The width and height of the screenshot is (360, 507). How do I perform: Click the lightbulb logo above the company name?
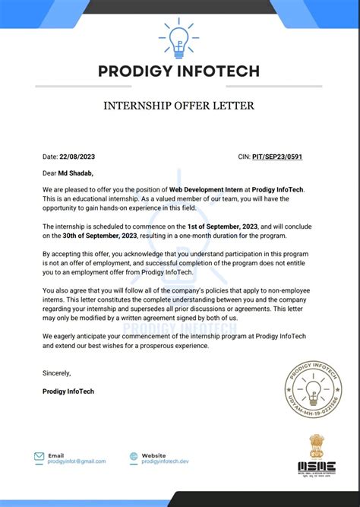[179, 38]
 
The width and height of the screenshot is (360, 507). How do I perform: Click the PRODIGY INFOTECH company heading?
[179, 71]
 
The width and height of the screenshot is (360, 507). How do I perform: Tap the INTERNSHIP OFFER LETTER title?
[179, 106]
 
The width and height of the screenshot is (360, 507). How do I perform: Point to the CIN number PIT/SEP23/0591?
[287, 157]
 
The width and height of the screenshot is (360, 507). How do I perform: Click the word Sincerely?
[57, 373]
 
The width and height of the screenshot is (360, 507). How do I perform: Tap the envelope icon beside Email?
[39, 457]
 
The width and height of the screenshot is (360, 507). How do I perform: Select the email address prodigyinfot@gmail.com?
[77, 461]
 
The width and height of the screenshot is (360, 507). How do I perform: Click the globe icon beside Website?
[134, 457]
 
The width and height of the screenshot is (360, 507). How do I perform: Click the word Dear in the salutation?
[50, 173]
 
